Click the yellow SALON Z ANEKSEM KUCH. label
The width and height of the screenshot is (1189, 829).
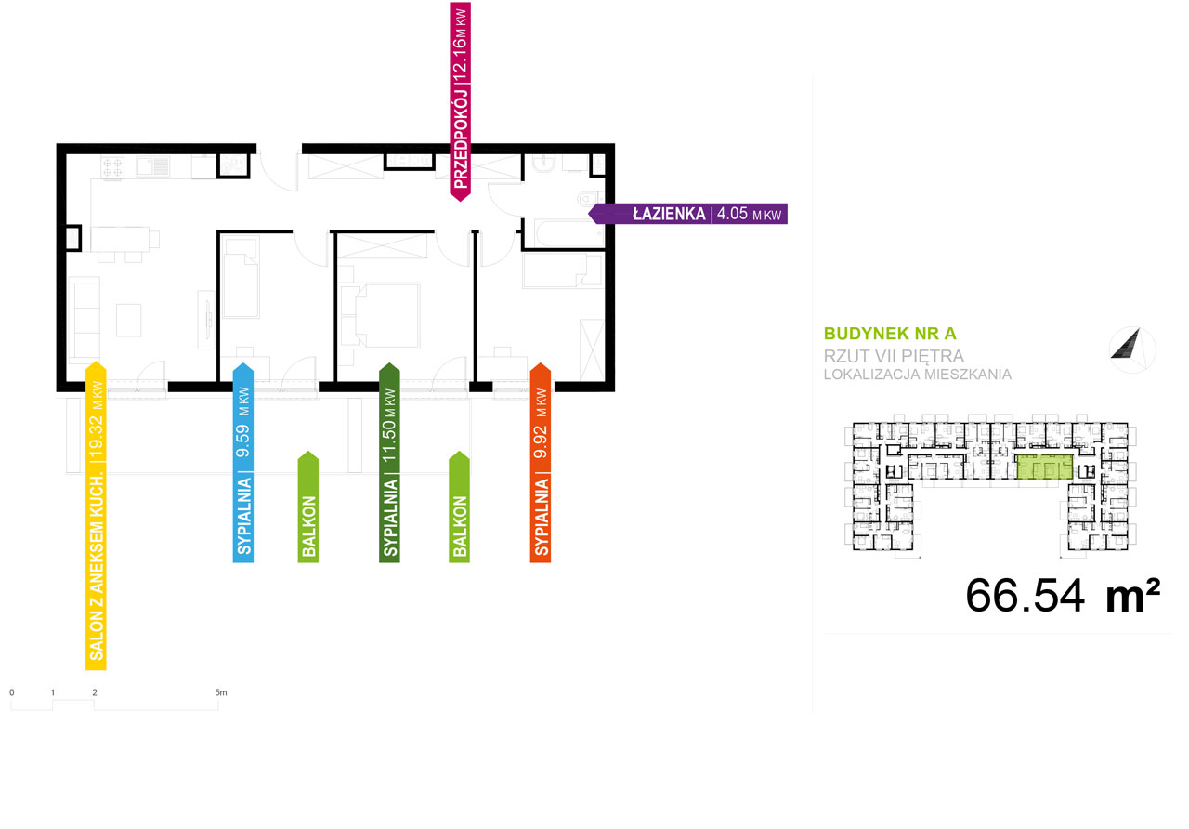coord(96,516)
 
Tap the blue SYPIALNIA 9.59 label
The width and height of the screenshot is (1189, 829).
coord(243,463)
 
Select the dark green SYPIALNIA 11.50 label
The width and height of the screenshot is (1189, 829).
coord(390,463)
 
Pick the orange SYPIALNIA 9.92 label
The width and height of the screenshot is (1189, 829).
coord(541,463)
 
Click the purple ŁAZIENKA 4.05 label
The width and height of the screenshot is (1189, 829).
coord(688,214)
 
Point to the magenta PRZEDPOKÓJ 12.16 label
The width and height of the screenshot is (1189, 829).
coord(461,101)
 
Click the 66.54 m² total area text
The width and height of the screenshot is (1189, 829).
coord(1062,596)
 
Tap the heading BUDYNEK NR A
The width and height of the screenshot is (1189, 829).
coord(890,334)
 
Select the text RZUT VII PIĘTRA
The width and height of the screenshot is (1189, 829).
coord(894,356)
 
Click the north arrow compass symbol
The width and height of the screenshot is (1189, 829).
coord(1132,349)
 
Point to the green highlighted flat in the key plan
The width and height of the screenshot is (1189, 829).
coord(1045,467)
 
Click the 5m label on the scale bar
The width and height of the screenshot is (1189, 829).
coord(221,692)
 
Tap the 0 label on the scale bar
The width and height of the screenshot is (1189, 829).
coord(12,692)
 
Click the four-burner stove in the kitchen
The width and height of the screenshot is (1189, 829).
coord(112,166)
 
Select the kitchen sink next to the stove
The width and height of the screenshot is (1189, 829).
coord(153,166)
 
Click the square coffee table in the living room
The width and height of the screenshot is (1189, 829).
coord(129,321)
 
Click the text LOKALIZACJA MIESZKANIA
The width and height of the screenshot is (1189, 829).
coord(918,375)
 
